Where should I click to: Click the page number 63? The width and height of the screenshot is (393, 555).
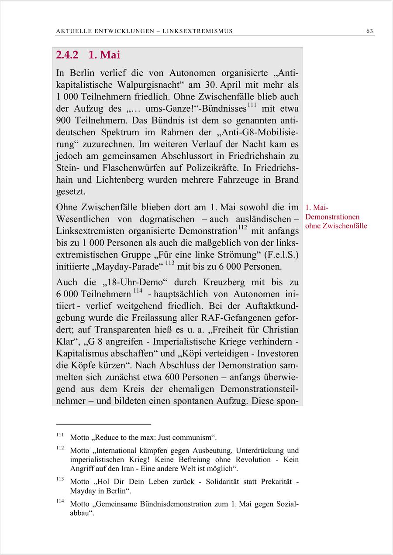click(x=370, y=31)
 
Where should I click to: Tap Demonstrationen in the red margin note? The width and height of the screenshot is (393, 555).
click(x=332, y=217)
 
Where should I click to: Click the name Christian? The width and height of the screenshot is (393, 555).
click(x=277, y=329)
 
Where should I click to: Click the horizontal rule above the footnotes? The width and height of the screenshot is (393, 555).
click(x=103, y=424)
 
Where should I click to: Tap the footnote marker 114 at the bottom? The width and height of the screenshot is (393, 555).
click(x=60, y=501)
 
